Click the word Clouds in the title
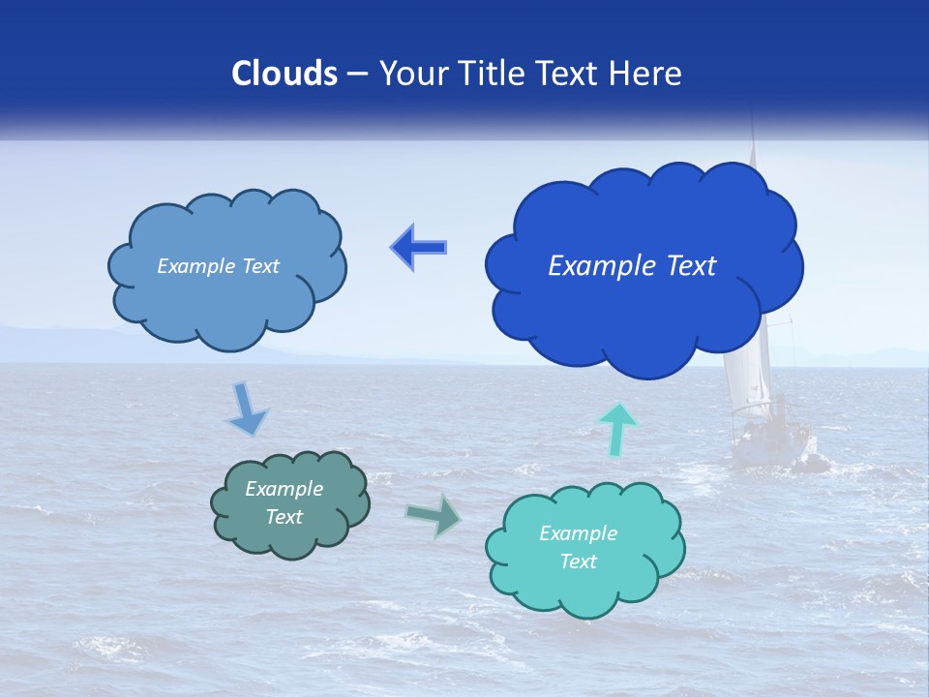pos(285,74)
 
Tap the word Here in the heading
pos(645,74)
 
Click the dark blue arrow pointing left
pos(419,247)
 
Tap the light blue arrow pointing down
pos(246,409)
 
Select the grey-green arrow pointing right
pos(434,515)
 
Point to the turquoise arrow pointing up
pos(618,429)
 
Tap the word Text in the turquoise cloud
pos(579,561)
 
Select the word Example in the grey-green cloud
pos(284,489)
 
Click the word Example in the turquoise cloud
pos(578,533)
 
